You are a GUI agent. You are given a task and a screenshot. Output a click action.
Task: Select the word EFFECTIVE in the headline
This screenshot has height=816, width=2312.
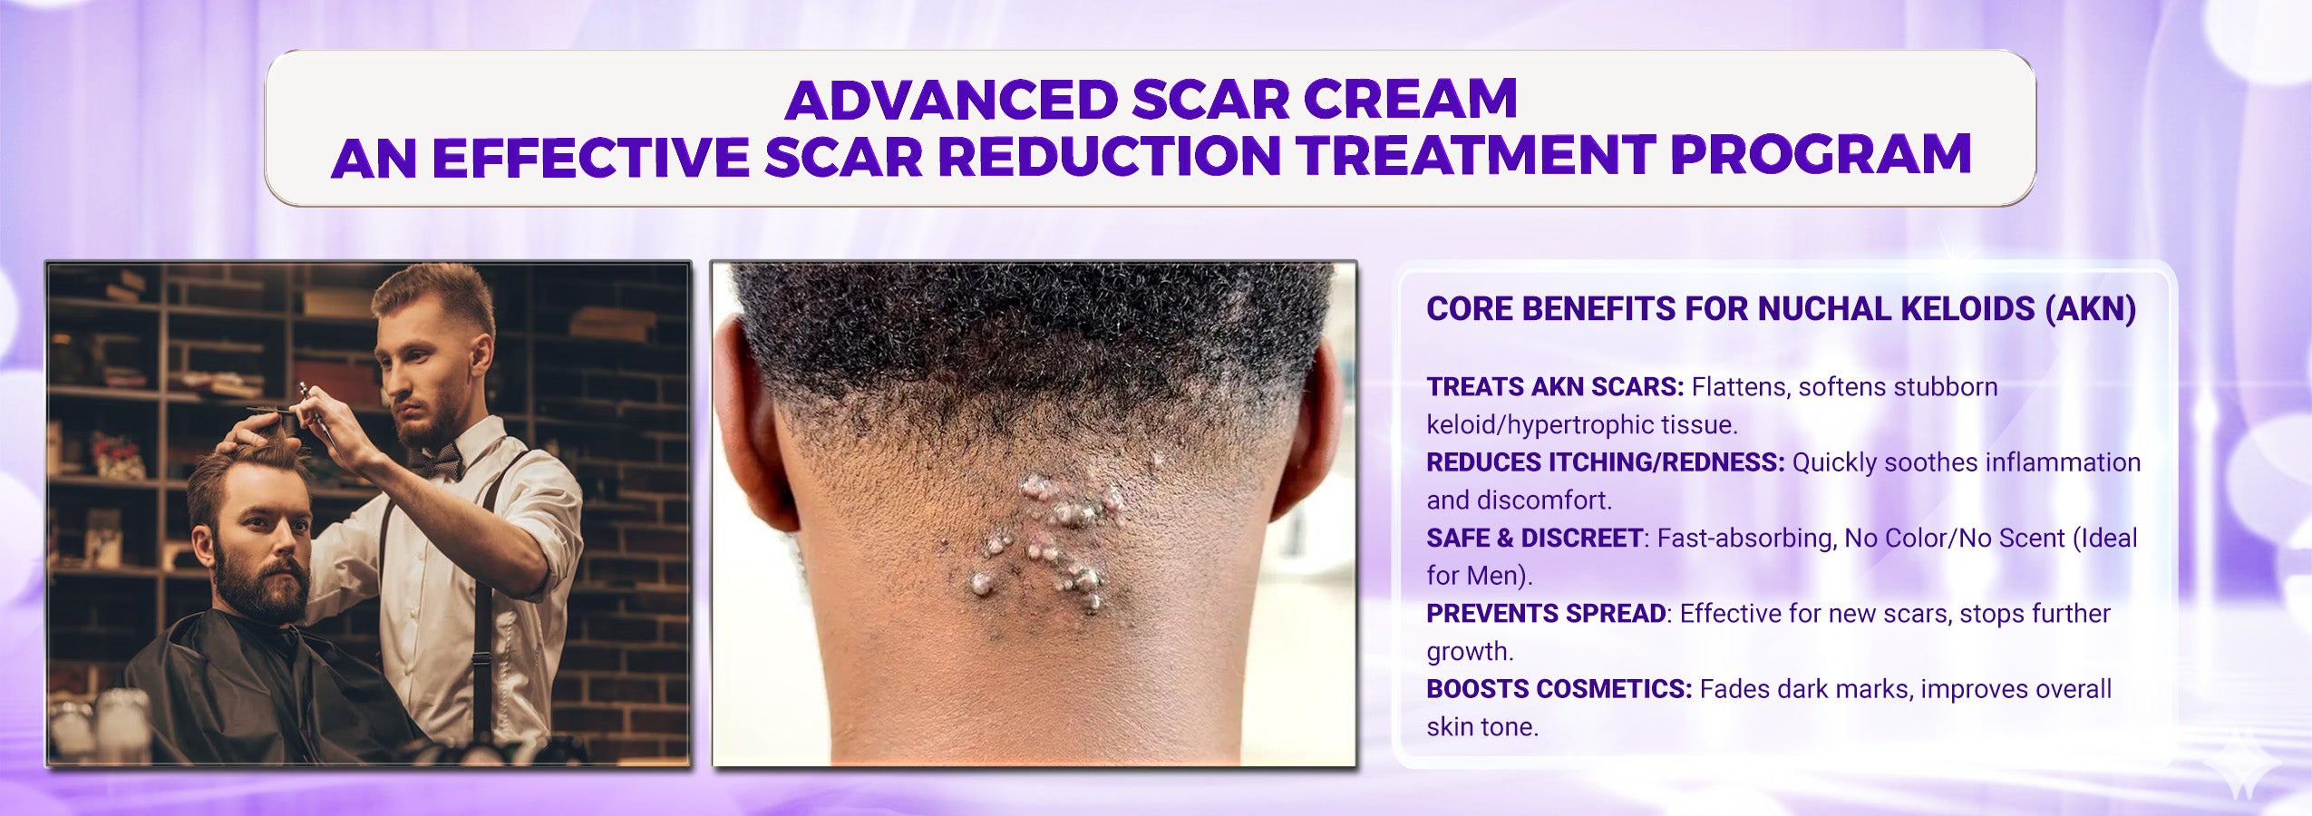coord(590,156)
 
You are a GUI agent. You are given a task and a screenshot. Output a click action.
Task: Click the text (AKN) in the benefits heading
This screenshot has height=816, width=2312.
coord(2090,309)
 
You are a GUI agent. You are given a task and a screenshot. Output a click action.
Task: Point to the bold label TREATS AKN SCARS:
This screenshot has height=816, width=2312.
coord(1555,387)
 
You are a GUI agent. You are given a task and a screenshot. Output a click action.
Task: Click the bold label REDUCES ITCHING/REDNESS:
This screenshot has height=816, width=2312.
coord(1606,462)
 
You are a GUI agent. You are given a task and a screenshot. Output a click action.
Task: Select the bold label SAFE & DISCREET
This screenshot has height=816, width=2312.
coord(1534,538)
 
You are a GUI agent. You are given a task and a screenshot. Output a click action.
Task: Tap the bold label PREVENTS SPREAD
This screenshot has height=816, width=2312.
coord(1546,614)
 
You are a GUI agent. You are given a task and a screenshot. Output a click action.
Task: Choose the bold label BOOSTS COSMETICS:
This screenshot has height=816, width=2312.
coord(1559,689)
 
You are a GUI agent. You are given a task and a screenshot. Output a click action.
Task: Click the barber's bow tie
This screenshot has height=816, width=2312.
coord(437,462)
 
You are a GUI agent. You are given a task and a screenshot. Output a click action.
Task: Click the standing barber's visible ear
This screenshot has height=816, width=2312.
coord(477,356)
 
